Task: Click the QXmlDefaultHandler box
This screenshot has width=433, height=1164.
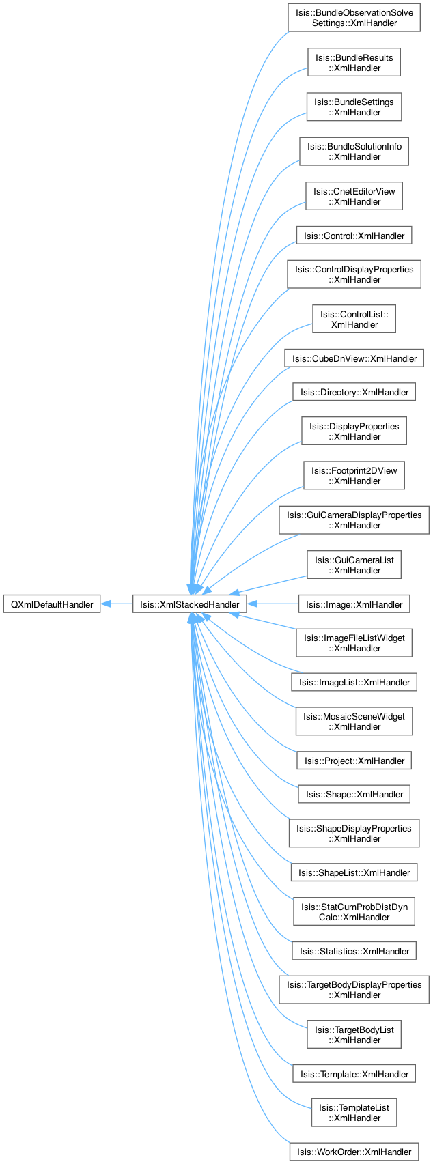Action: (x=52, y=604)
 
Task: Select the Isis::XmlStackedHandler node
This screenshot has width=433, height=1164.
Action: (x=189, y=604)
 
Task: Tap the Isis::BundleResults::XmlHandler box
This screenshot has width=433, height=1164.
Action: (x=354, y=63)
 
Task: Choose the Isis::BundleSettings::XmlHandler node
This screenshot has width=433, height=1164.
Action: (x=354, y=107)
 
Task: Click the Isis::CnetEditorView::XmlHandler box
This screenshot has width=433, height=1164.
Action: (x=354, y=197)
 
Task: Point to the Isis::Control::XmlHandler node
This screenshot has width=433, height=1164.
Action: (x=354, y=236)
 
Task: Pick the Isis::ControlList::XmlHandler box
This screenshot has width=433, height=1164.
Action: (x=354, y=320)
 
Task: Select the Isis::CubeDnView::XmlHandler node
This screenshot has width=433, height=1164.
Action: (x=354, y=358)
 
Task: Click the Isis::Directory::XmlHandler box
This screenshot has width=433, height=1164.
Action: (x=354, y=392)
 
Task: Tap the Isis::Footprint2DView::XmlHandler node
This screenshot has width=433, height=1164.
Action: (x=354, y=476)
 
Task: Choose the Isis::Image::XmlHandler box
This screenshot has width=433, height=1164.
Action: (x=354, y=604)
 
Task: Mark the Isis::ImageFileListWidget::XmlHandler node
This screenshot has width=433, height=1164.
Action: (x=354, y=643)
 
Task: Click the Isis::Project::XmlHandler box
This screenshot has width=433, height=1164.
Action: (x=354, y=761)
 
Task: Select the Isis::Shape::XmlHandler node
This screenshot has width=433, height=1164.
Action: (x=354, y=794)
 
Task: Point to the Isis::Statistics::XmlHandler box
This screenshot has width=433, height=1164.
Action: (x=354, y=951)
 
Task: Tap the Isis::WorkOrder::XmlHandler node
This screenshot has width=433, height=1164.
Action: (x=354, y=1152)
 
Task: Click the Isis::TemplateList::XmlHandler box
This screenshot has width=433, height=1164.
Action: (x=354, y=1113)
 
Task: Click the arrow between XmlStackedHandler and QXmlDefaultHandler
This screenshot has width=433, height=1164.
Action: (x=117, y=604)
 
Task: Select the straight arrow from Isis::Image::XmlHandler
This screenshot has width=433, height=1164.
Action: (x=273, y=604)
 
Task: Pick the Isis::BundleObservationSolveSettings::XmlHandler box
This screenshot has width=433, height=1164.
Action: (x=354, y=18)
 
